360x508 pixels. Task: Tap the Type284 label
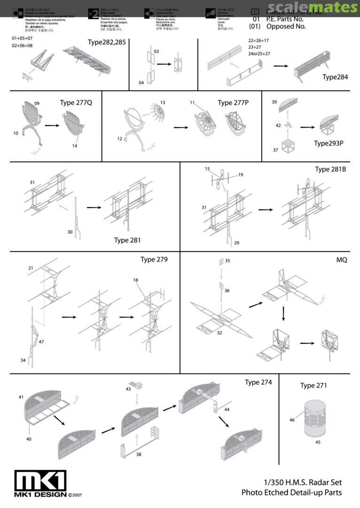(335, 77)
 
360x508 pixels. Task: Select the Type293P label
(329, 143)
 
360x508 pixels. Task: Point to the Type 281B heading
(330, 169)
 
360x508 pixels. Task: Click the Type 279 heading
(154, 259)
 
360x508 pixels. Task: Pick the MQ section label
(341, 260)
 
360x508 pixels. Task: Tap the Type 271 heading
(313, 386)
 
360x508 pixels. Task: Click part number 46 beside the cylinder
(292, 420)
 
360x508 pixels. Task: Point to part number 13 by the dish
(163, 103)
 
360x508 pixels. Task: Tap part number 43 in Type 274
(128, 390)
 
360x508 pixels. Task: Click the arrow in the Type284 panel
(281, 66)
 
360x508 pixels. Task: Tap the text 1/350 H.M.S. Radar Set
(303, 482)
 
